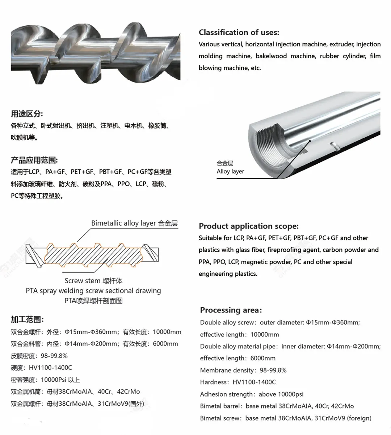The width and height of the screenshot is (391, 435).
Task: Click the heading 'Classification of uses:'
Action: (239, 32)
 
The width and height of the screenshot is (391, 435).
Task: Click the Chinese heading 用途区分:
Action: (27, 114)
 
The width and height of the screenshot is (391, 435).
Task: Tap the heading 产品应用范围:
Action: (34, 160)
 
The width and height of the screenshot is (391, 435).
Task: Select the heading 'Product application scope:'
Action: (248, 226)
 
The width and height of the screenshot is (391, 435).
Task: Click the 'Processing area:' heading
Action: (231, 310)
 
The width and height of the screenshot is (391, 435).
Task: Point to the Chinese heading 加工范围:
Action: (27, 319)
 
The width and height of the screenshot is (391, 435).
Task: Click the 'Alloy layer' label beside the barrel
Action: (230, 171)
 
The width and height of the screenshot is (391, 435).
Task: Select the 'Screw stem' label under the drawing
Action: (83, 280)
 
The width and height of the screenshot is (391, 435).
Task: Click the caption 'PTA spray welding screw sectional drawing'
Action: (93, 290)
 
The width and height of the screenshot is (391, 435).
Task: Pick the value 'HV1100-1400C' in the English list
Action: (254, 382)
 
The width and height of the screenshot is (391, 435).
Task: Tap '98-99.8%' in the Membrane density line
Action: (273, 370)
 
